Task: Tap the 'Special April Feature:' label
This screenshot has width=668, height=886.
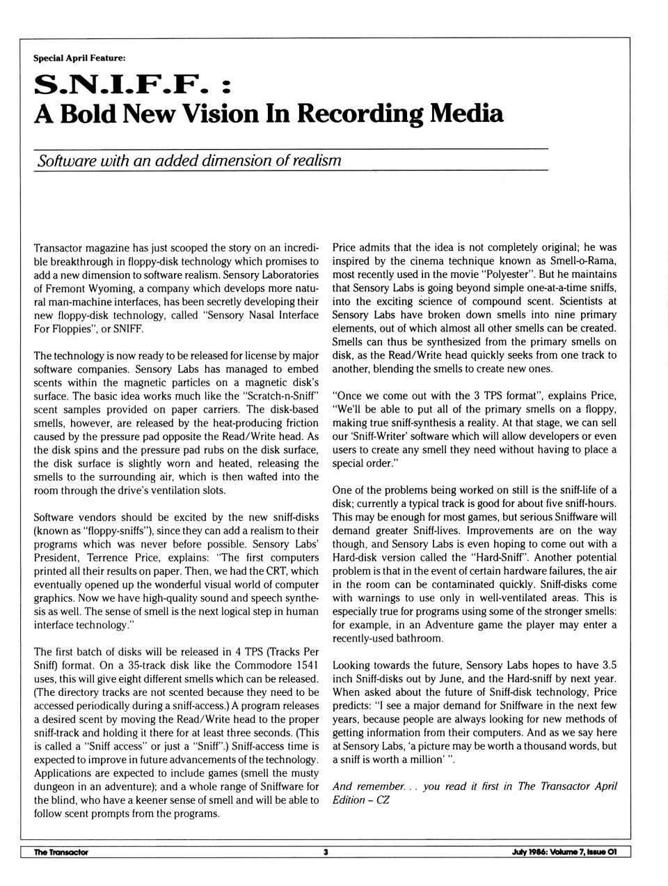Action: tap(79, 58)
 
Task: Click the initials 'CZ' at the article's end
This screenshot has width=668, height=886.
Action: tap(382, 800)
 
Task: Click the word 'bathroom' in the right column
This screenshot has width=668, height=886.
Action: tap(420, 638)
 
